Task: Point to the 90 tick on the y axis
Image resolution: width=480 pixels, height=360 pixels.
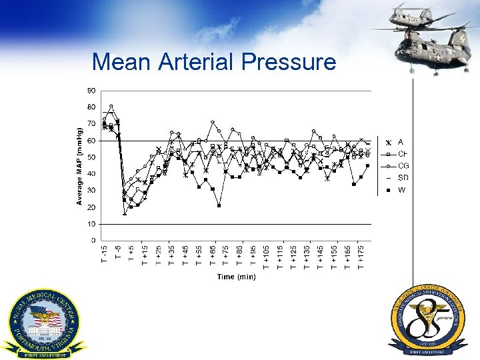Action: pos(91,91)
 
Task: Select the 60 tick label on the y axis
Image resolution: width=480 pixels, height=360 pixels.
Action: pos(91,141)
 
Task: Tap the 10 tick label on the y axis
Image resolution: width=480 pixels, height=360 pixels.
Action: pos(91,224)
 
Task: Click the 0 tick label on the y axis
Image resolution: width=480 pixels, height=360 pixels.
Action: pos(93,241)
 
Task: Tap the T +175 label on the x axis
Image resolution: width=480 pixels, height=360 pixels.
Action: pos(361,258)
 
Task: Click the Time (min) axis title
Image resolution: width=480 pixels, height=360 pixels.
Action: pos(236,277)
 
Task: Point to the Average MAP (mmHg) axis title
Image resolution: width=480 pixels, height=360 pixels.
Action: pos(79,163)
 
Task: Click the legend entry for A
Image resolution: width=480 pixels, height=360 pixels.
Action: pos(394,143)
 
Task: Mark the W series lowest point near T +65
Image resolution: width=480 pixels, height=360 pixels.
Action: pos(219,205)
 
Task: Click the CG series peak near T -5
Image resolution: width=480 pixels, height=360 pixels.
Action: pos(111,106)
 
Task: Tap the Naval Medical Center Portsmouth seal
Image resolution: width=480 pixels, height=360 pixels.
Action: pos(44,323)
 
